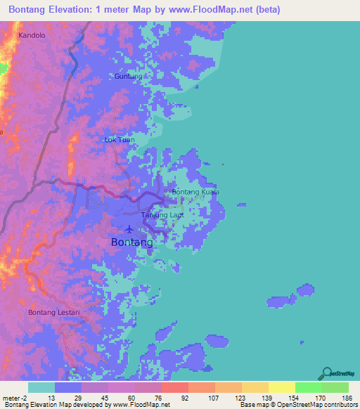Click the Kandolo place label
click(32, 34)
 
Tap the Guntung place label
click(129, 76)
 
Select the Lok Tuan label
click(119, 139)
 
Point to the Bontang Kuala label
click(196, 192)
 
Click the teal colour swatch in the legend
click(41, 387)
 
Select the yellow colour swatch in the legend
click(281, 387)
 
